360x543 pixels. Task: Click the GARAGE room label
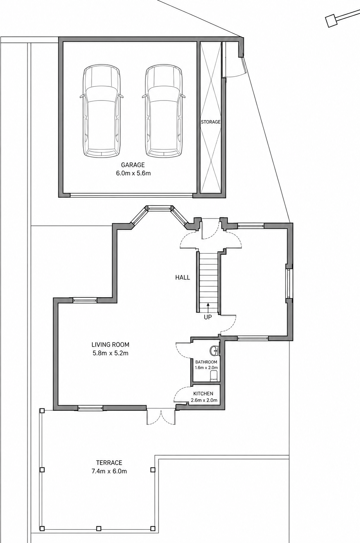click(133, 165)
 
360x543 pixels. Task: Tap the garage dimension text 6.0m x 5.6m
click(133, 173)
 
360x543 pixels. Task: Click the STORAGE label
click(211, 122)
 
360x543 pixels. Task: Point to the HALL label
click(183, 278)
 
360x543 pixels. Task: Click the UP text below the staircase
click(208, 317)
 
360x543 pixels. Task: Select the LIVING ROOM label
click(110, 344)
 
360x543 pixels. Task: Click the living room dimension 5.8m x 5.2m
click(110, 353)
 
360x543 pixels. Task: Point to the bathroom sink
click(215, 350)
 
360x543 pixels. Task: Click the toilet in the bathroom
click(214, 375)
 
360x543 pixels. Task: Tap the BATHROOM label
click(206, 362)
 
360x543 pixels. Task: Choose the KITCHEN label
click(203, 394)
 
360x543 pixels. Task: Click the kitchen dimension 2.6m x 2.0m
click(204, 400)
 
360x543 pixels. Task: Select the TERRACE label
click(109, 463)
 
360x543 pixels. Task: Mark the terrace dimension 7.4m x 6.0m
click(109, 471)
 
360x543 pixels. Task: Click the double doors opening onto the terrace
click(161, 416)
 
